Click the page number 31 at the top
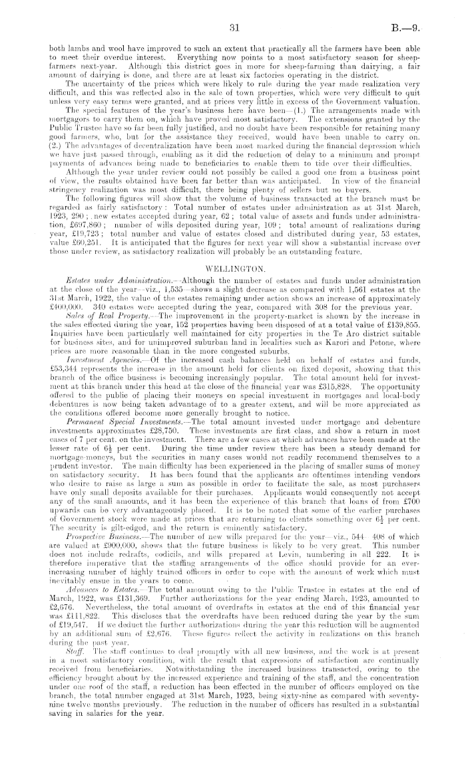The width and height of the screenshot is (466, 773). (232, 29)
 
